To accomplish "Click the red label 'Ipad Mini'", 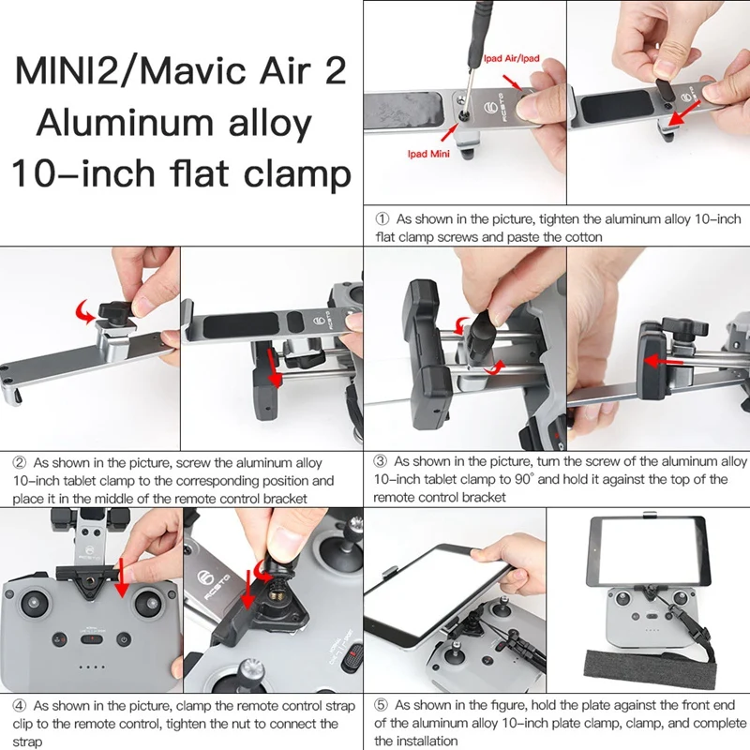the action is tap(428, 154).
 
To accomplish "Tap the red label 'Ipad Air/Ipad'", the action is tap(511, 59).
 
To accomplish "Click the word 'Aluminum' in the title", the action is tap(125, 123).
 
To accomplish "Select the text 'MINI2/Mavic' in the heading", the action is tap(128, 71).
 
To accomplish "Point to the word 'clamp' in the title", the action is tap(297, 174).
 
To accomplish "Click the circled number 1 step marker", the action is tap(382, 219).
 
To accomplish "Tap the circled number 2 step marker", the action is tap(19, 463).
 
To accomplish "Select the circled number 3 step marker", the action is tap(380, 461).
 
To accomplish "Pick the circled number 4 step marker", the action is tap(19, 706).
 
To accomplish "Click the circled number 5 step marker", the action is tap(381, 705).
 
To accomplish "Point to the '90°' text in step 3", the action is tap(524, 479).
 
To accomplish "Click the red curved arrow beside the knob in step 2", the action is tap(84, 312).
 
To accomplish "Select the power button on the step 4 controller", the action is tap(124, 639).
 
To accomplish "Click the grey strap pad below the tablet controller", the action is tap(651, 668).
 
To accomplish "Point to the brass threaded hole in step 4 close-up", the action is tap(276, 594).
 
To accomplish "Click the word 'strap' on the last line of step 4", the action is tap(27, 742).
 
